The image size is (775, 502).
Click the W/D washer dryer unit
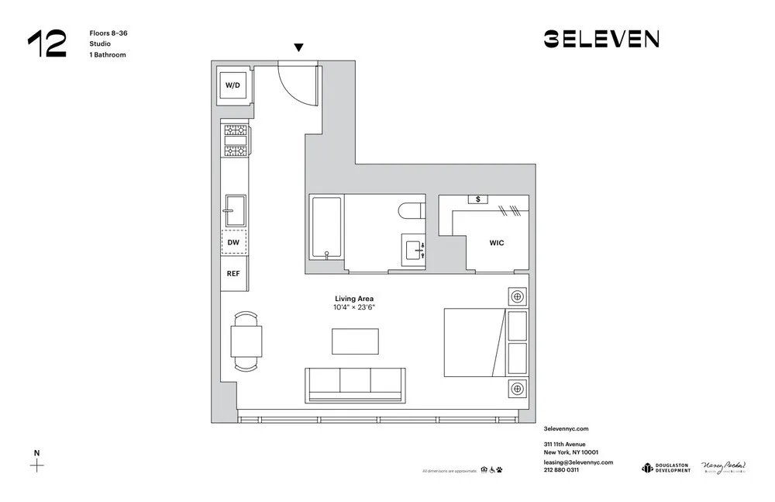232,85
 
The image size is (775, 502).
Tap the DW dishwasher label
232,243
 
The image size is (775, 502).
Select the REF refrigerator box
232,273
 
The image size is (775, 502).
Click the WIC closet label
496,243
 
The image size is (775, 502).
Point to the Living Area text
354,298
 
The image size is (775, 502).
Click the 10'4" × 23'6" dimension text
354,307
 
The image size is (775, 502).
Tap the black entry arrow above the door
298,48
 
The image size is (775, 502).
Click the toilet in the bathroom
410,209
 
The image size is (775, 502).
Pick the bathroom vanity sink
414,250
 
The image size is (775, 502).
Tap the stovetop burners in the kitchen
235,140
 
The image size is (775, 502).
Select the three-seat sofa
355,384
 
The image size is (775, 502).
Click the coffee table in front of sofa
355,341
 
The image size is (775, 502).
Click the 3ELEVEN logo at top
601,39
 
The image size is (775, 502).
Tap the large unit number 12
46,44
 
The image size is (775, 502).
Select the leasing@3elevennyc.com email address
578,462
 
